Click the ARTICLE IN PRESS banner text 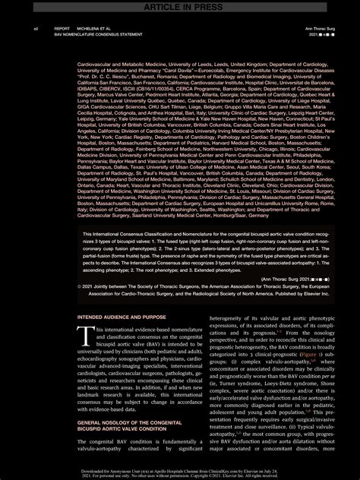(179, 6)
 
